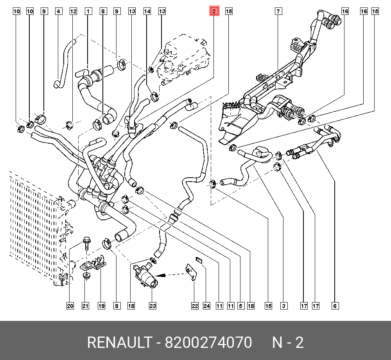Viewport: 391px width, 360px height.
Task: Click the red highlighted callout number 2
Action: coord(214,11)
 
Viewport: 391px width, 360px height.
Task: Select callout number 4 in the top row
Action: coord(58,11)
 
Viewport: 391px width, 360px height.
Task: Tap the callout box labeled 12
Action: coord(73,11)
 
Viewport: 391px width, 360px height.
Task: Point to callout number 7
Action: coord(278,11)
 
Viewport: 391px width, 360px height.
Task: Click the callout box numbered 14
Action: coord(147,11)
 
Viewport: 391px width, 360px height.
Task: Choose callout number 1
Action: coord(88,11)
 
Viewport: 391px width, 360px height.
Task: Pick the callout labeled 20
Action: coord(70,306)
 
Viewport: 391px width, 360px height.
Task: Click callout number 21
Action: coord(85,306)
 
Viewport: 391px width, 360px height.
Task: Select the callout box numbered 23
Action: coord(152,306)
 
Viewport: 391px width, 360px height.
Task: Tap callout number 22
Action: coord(195,306)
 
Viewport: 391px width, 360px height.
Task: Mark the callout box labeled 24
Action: coord(206,306)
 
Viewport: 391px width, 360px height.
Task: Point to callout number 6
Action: coord(335,306)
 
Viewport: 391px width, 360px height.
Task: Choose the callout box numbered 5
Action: coord(240,306)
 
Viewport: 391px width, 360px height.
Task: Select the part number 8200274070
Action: coord(208,343)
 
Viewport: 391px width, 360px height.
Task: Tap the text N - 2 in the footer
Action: coord(288,343)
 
